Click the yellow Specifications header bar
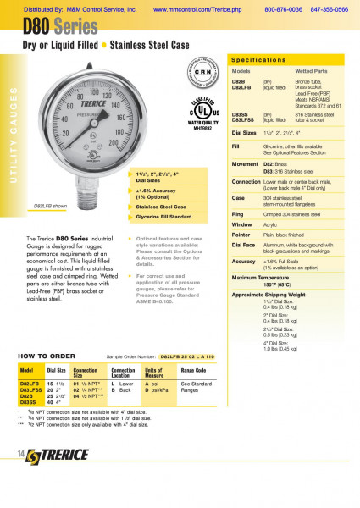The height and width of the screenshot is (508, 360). (x=288, y=61)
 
